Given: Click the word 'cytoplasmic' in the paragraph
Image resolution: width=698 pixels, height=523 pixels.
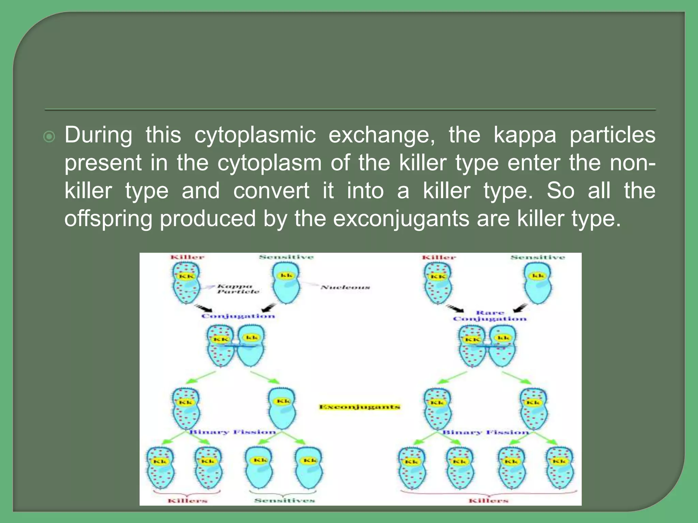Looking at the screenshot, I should pos(255,135).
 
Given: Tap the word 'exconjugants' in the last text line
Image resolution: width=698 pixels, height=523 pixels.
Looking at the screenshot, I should pos(401,218).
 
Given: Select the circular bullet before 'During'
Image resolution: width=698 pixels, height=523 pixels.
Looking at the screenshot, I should pos(49,137).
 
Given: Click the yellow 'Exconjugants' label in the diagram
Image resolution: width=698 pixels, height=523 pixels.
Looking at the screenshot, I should pos(360,407).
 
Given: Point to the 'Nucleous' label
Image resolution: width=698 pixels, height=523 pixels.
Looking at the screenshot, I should pos(345,288).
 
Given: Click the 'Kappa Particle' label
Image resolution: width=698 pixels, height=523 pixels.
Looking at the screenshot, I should pos(238,289).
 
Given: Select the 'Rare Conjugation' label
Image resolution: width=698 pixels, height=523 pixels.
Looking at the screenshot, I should pos(490,316).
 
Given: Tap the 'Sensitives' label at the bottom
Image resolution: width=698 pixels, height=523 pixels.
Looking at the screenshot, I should pos(285,500).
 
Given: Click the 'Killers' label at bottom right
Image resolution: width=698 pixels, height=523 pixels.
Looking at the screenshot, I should pos(488,500).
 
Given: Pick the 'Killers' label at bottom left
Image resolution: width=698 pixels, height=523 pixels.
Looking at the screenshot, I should pos(187,500).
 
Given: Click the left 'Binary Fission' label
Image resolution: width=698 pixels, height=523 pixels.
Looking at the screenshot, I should pos(232,432).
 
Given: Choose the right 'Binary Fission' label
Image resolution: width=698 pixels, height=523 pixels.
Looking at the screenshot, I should pos(485,432).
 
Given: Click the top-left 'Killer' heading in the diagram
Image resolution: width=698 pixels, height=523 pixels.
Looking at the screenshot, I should pos(187,257).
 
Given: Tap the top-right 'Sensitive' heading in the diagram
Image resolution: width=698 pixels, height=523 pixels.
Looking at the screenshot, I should pos(537,257).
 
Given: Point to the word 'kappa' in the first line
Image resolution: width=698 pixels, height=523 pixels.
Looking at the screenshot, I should pos(525,135).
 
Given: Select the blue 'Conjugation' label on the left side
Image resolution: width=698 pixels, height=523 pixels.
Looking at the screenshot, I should pos(238,316).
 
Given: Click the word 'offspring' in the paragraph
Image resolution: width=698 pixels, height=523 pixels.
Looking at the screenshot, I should pos(108,218).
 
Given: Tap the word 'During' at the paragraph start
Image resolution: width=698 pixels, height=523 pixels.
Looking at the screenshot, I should pos(98,134).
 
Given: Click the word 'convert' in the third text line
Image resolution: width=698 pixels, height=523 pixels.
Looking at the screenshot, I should pos(271,190).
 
